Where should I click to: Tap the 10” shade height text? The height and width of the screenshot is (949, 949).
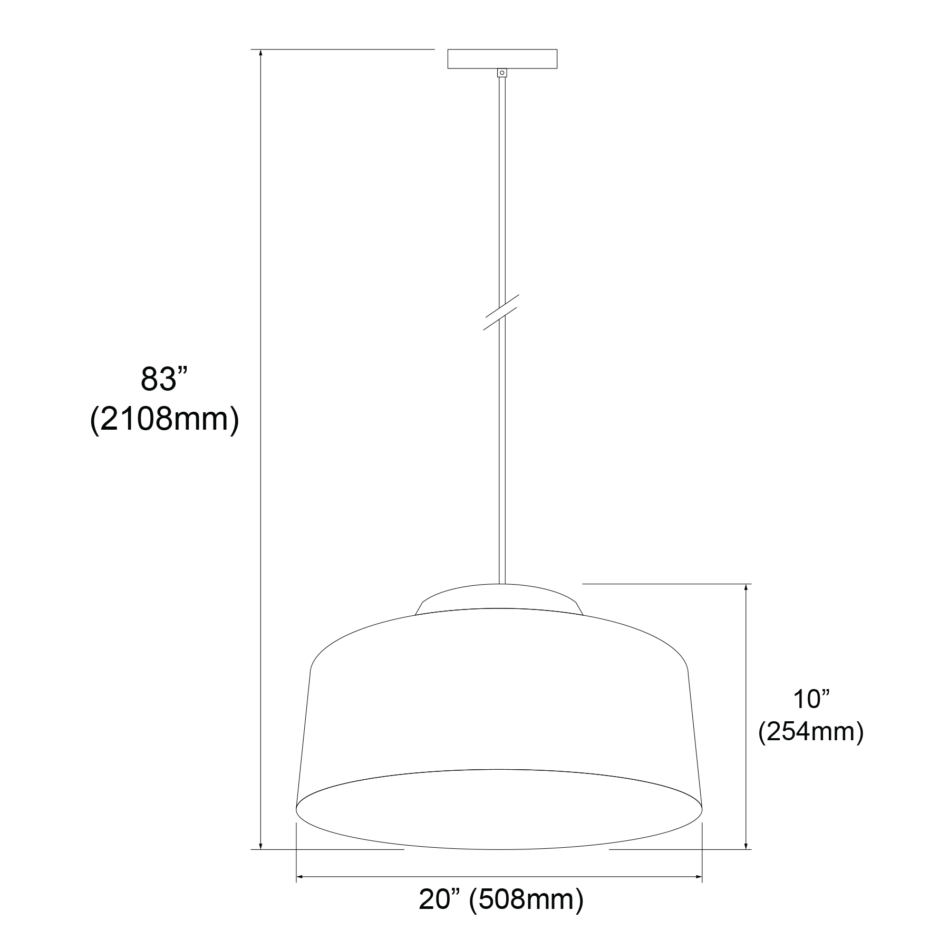coord(811,699)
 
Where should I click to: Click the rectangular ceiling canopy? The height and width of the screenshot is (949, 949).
coord(502,59)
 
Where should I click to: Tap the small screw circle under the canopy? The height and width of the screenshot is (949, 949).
coord(502,73)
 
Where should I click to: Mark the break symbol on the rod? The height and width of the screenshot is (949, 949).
coord(502,312)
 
